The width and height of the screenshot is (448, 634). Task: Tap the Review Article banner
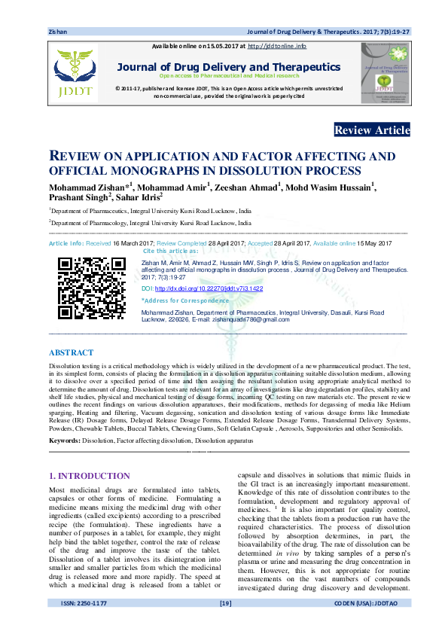[x=372, y=130]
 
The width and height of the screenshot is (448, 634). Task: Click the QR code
[x=92, y=289]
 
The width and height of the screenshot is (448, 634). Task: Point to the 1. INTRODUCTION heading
[x=91, y=476]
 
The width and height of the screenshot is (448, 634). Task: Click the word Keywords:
[x=65, y=439]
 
